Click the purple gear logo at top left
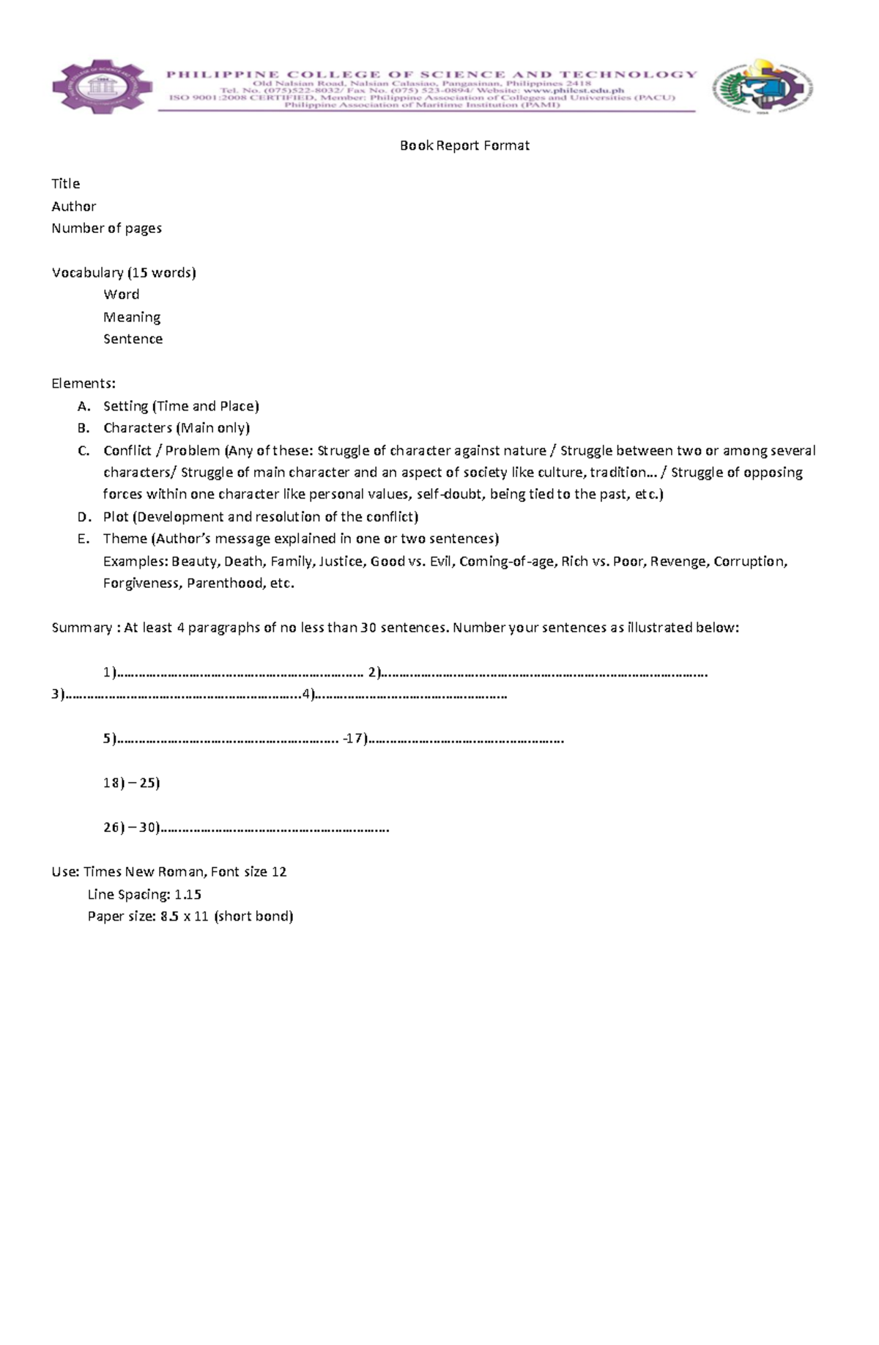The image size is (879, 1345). point(102,87)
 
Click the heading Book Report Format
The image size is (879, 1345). point(464,145)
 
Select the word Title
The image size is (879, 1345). point(65,183)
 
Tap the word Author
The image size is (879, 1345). point(73,206)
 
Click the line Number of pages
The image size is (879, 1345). point(106,228)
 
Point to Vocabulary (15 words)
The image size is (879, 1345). point(124,272)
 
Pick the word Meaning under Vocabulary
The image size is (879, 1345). point(132,317)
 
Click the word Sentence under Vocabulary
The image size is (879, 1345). point(133,339)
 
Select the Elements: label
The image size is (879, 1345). point(84,383)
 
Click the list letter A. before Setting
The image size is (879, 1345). point(84,406)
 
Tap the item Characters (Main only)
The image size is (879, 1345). point(177,428)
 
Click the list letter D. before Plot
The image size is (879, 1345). point(84,517)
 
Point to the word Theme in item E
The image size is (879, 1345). point(125,539)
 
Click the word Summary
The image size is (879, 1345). point(81,627)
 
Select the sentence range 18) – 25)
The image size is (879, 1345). point(131,783)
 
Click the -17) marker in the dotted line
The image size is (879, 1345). point(355,739)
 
